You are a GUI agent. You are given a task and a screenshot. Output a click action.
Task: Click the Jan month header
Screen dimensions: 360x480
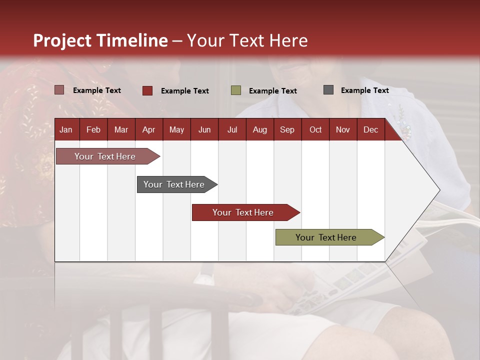click(66, 130)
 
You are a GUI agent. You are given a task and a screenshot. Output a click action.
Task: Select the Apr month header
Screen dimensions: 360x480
click(149, 130)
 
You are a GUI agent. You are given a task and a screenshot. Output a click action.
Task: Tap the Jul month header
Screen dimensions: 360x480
click(232, 130)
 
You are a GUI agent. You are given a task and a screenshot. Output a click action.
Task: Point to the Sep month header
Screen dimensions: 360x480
click(287, 130)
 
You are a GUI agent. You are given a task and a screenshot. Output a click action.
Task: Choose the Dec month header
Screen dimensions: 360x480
click(370, 130)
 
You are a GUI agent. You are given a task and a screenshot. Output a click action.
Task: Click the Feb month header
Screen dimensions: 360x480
click(93, 130)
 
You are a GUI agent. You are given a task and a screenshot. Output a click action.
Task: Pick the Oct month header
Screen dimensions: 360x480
click(315, 130)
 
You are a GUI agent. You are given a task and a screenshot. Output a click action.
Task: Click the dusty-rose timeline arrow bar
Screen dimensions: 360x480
click(105, 156)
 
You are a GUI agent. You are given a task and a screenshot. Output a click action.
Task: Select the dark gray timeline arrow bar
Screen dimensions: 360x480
click(174, 184)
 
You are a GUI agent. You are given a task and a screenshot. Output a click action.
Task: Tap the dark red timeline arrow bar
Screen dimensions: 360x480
click(243, 212)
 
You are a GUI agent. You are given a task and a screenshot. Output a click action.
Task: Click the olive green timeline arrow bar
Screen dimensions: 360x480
click(326, 237)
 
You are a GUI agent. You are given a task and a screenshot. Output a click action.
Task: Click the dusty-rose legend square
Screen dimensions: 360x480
click(59, 90)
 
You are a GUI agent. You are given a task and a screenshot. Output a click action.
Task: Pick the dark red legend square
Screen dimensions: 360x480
click(147, 90)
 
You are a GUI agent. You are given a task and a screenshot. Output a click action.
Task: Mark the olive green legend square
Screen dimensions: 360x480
click(236, 90)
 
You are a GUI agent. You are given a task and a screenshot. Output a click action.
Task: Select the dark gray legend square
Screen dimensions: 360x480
click(328, 90)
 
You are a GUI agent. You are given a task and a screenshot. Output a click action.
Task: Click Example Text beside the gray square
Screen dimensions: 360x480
click(364, 90)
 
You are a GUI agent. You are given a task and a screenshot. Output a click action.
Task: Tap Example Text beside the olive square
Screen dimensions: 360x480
click(272, 91)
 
